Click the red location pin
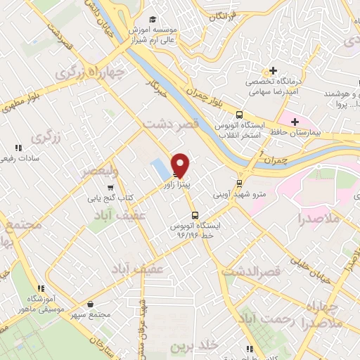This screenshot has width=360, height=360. [181, 165]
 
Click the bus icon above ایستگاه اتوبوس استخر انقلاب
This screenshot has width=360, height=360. [240, 115]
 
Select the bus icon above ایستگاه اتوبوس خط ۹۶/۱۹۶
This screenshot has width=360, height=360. [194, 215]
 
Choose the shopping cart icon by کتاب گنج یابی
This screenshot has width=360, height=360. [110, 188]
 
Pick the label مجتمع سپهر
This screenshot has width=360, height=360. [92, 314]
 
